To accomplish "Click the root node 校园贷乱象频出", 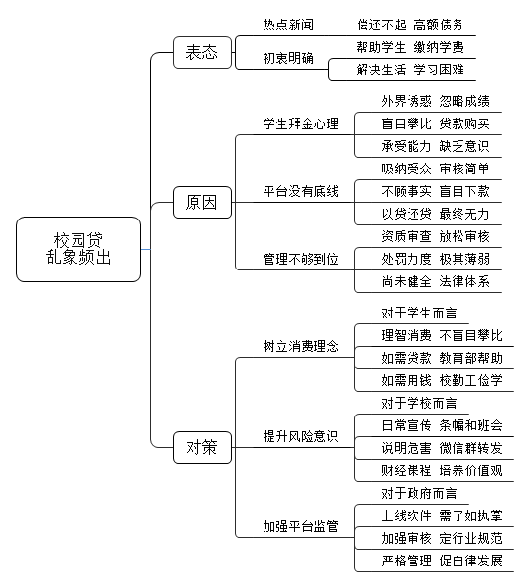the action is coord(78,249).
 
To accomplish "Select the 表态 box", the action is coord(203,52).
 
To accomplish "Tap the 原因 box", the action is coord(203,202).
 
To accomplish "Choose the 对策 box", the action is coord(203,447).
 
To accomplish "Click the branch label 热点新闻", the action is coord(288,24).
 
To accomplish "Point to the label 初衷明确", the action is coord(288,58).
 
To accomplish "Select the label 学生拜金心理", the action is coord(301,123).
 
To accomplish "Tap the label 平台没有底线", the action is coord(301,191).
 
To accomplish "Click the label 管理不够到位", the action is coord(301,259).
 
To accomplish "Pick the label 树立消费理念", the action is coord(301,346).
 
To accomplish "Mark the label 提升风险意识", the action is coord(301,436).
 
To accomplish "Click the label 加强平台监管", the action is coord(301,526).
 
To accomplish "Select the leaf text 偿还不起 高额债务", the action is coord(410,24).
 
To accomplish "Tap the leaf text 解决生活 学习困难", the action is coord(410,70).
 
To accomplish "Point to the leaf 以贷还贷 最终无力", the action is coord(435,214).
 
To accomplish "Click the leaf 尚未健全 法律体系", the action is coord(435,281).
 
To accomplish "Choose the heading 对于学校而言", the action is coord(419,403).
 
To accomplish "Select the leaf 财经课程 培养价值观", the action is coord(442,470).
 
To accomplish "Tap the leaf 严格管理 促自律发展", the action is coord(442,561).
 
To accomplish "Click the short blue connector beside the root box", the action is coord(146,249).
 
